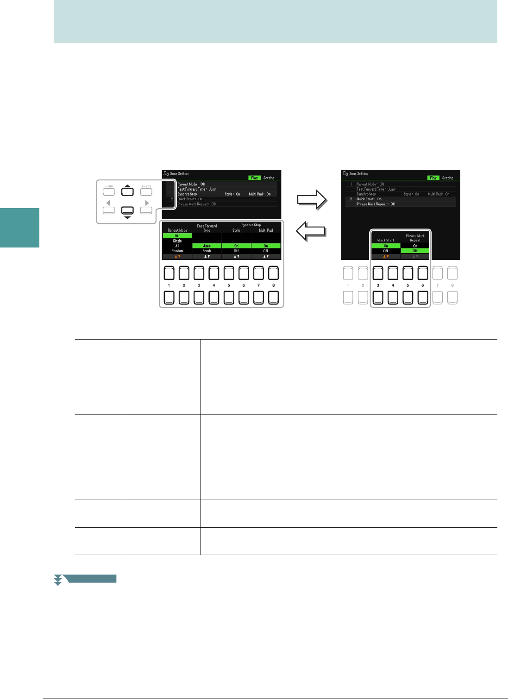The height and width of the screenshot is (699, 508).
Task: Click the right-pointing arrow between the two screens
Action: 312,200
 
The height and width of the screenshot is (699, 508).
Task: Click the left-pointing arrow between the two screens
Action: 311,231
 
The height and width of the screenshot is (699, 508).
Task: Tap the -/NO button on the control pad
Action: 109,191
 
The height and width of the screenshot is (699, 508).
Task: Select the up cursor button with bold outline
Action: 127,191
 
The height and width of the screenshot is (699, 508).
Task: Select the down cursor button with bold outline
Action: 127,210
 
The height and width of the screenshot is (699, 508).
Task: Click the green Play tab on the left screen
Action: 254,178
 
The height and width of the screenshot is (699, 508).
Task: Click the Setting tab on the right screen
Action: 447,178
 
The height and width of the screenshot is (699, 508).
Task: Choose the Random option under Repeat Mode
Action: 177,251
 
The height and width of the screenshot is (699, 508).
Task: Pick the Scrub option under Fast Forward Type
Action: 207,251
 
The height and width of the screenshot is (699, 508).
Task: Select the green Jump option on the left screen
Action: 207,246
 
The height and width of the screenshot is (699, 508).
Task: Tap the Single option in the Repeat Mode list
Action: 177,241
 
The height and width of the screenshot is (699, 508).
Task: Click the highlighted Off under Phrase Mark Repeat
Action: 415,251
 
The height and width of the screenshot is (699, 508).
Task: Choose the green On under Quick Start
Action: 386,246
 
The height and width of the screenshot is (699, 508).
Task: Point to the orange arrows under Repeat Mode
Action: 177,256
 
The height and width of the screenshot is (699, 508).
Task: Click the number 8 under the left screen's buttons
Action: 273,285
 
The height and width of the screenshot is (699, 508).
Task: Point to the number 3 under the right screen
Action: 378,285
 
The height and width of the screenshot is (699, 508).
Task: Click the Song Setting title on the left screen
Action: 179,173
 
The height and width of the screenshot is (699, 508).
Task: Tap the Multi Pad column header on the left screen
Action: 266,230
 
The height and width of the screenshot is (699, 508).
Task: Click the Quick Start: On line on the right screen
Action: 369,199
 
